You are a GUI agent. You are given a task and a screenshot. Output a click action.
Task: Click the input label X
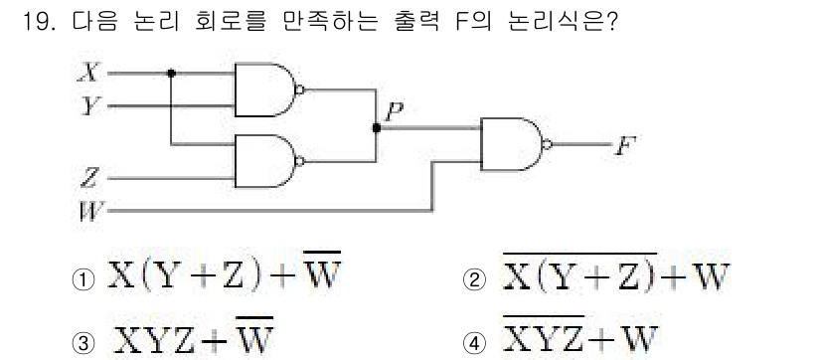point(89,73)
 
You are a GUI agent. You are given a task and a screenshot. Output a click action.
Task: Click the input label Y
point(89,103)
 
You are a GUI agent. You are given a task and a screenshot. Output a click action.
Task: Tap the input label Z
point(89,179)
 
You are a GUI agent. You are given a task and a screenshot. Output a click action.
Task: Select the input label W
point(89,211)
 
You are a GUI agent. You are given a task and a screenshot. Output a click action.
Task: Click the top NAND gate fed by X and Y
point(264,89)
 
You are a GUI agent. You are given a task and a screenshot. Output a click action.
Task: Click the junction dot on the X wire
point(172,74)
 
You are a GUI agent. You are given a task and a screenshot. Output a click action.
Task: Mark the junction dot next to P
point(376,126)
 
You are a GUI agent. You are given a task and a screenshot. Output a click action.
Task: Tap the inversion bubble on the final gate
point(546,144)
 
